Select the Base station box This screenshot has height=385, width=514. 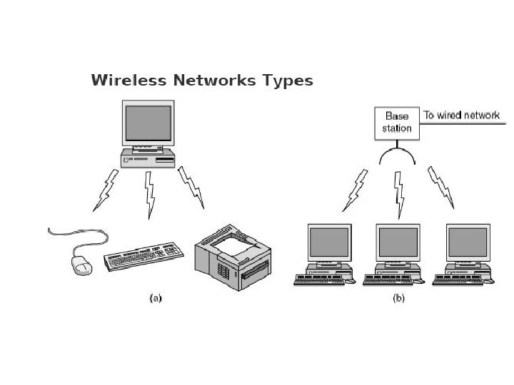pos(397,123)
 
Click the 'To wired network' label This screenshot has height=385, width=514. pos(462,115)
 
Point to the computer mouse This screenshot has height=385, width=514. pos(81,265)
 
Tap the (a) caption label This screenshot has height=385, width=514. pos(155,299)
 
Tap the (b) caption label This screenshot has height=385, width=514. pos(398,299)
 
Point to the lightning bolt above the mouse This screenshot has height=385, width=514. pos(106,190)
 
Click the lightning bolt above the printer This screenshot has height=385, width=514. pos(191,188)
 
